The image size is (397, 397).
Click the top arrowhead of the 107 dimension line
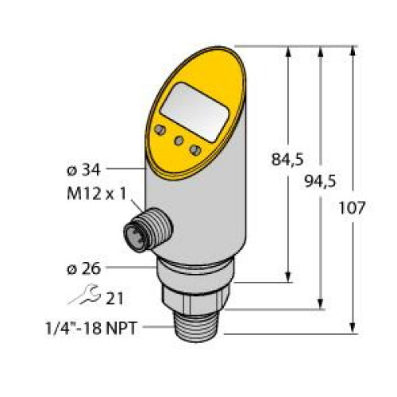(x=351, y=47)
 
